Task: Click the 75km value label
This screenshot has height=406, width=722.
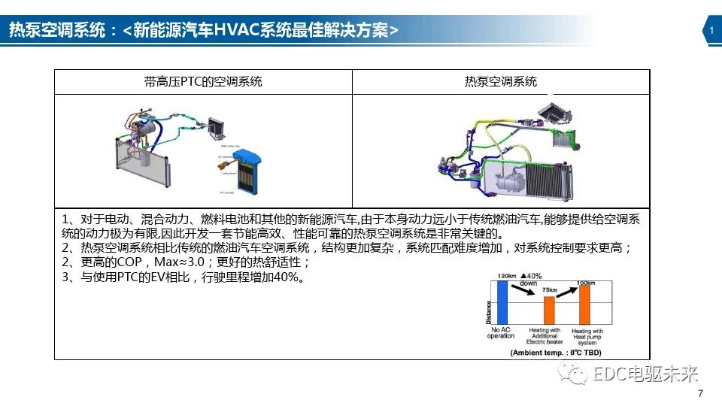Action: tap(550, 290)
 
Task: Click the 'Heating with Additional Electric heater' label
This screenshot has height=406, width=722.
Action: tap(545, 335)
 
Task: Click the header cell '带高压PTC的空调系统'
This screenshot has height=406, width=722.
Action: tap(203, 82)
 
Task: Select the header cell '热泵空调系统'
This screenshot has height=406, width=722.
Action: tap(501, 82)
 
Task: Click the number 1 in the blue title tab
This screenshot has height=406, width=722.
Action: tap(711, 30)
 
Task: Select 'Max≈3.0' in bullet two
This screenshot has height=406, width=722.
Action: tap(184, 263)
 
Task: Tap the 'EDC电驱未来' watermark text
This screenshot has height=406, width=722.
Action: tap(646, 374)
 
